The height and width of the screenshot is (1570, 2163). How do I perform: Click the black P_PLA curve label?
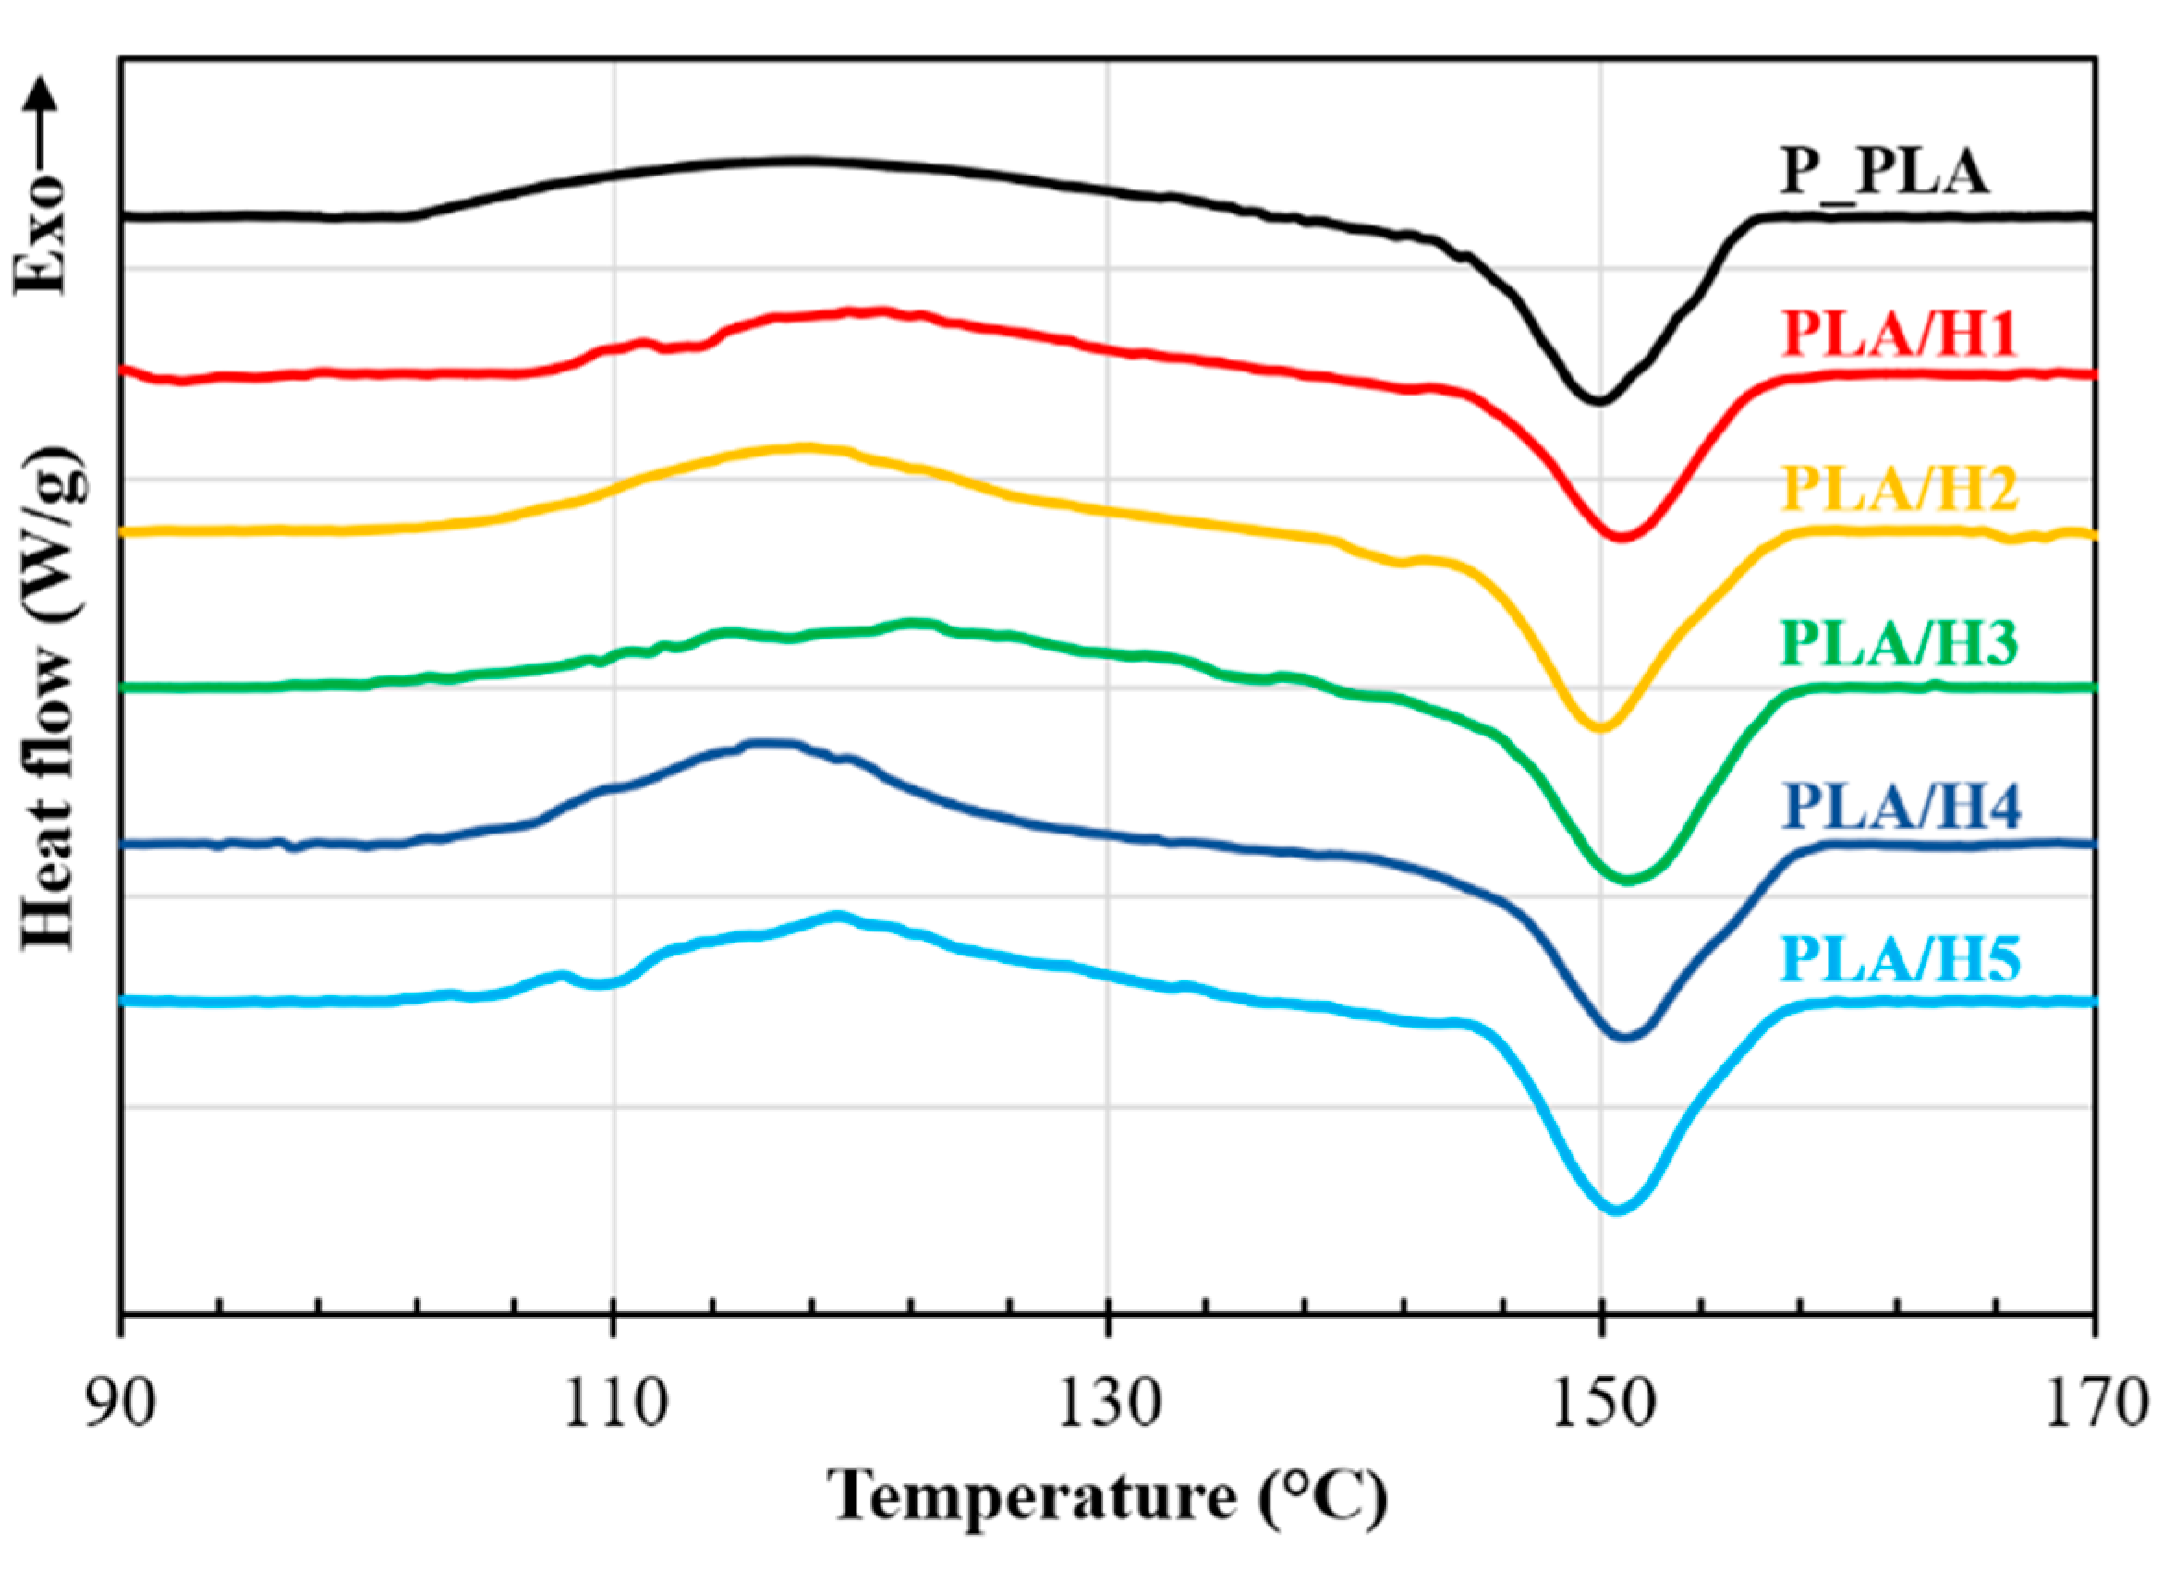tap(1884, 174)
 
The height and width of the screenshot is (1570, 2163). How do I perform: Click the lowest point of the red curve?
tap(1621, 538)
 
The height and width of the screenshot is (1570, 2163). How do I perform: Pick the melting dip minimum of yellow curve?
tap(1601, 728)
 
